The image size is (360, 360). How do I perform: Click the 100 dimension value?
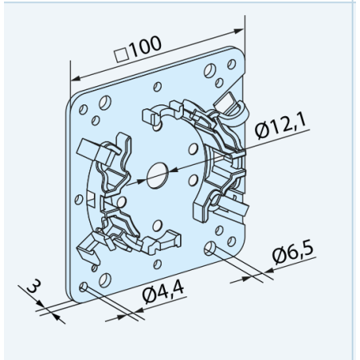pyautogui.click(x=146, y=47)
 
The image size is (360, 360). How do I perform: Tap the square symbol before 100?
pyautogui.click(x=122, y=55)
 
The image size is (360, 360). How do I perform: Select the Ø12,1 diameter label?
pyautogui.click(x=280, y=126)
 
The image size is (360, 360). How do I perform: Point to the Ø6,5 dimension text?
pyautogui.click(x=293, y=254)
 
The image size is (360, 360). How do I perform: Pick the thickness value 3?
pyautogui.click(x=34, y=286)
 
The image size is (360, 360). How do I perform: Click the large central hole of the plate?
pyautogui.click(x=158, y=175)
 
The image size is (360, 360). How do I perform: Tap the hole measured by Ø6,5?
pyautogui.click(x=209, y=248)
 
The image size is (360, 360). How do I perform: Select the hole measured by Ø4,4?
pyautogui.click(x=84, y=287)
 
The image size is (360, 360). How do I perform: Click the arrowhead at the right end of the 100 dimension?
pyautogui.click(x=238, y=31)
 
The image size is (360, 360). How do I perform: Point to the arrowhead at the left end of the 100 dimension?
pyautogui.click(x=76, y=78)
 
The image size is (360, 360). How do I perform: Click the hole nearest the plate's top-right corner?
pyautogui.click(x=232, y=65)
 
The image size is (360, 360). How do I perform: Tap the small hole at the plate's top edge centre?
pyautogui.click(x=158, y=87)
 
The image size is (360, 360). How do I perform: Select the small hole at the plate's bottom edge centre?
pyautogui.click(x=158, y=264)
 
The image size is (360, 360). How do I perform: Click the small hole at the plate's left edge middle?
pyautogui.click(x=79, y=199)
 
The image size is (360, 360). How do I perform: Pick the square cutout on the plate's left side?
pyautogui.click(x=91, y=199)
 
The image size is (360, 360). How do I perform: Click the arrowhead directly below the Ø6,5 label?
pyautogui.click(x=269, y=271)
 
